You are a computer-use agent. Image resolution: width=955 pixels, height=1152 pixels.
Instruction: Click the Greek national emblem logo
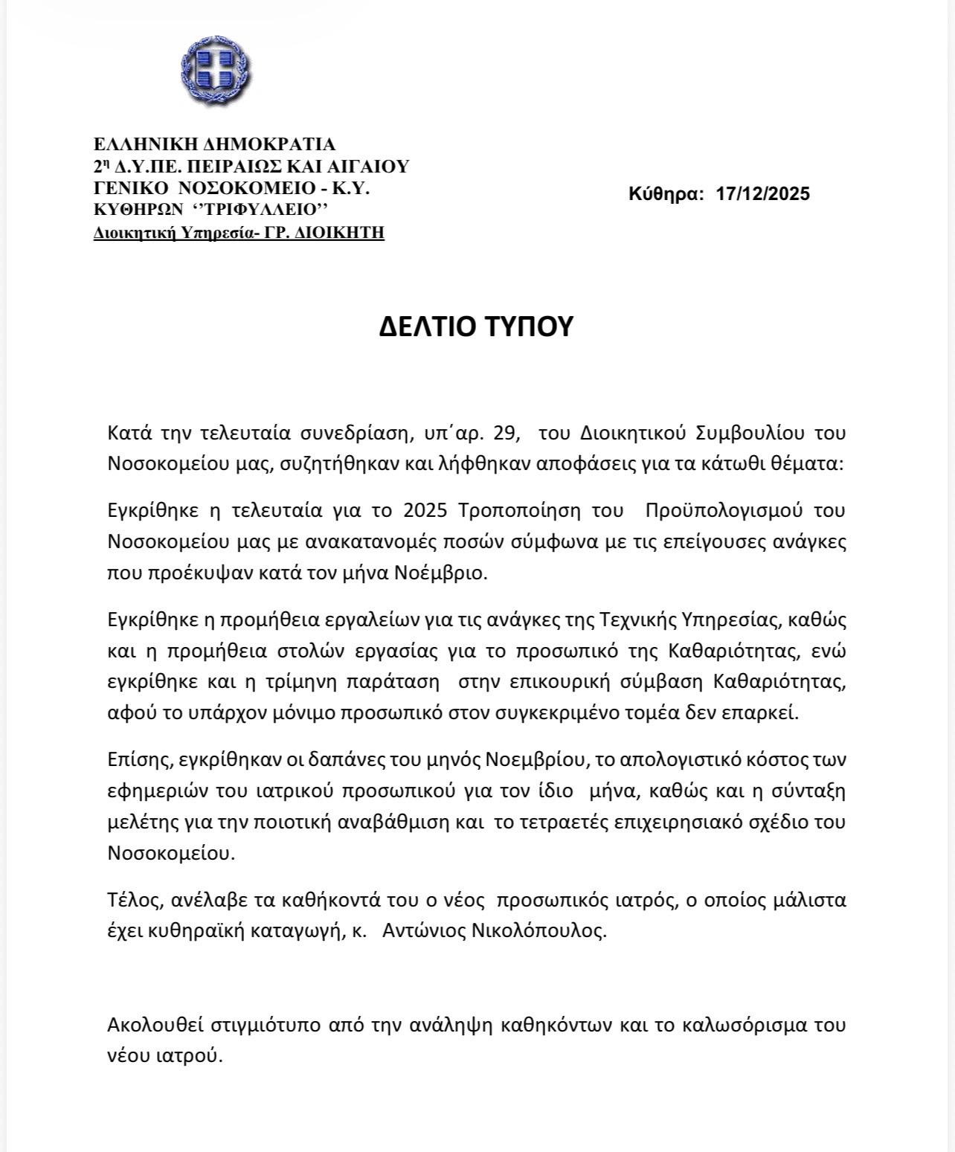(x=216, y=69)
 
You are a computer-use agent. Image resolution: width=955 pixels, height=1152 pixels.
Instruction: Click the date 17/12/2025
(x=763, y=194)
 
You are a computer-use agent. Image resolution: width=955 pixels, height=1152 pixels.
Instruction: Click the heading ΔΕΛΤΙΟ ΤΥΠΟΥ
(x=476, y=326)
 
